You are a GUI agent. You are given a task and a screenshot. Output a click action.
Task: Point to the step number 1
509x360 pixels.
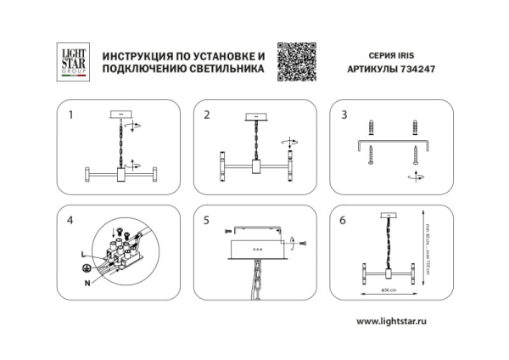tap(71, 114)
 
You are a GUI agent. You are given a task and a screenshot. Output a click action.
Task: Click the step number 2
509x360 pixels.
tap(207, 114)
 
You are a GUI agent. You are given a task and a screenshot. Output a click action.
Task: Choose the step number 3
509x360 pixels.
tap(344, 114)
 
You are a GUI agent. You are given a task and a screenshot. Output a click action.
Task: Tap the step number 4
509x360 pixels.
tap(71, 221)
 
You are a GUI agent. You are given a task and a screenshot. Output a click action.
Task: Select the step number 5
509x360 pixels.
tap(207, 221)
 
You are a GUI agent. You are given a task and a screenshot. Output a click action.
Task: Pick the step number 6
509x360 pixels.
tap(344, 221)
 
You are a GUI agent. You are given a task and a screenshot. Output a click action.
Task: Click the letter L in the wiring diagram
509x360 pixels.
tap(82, 254)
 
